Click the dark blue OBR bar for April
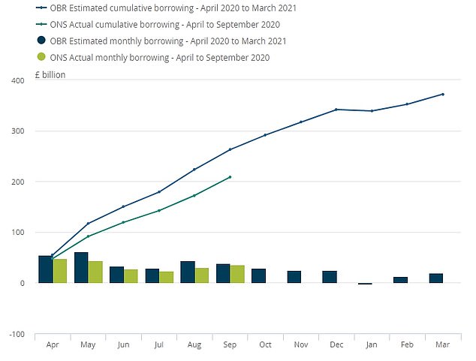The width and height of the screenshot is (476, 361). [x=46, y=269]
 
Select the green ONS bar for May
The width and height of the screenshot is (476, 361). [x=95, y=272]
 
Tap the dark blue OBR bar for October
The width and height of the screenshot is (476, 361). [x=258, y=275]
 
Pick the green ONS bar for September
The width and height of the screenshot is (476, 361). [x=237, y=274]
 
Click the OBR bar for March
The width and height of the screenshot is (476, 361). [x=435, y=278]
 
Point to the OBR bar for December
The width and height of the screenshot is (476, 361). [x=329, y=277]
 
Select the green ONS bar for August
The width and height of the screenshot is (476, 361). [x=202, y=275]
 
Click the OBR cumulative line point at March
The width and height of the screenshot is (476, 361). [x=443, y=94]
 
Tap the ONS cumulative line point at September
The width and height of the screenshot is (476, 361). [x=230, y=177]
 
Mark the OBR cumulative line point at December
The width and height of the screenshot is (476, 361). [x=336, y=110]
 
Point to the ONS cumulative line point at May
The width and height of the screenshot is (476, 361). [x=88, y=236]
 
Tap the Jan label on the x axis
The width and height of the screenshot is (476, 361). [x=372, y=344]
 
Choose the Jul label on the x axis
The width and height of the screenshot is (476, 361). [x=159, y=344]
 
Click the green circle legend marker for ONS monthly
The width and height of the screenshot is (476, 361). [x=42, y=57]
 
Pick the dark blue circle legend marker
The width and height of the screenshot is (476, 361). [x=42, y=41]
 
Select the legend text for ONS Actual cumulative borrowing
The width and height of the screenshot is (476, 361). [x=158, y=25]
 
